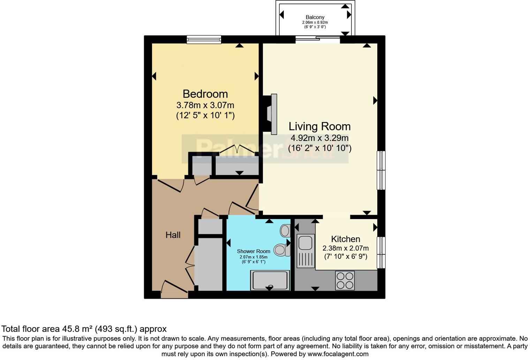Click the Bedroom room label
pos(205,94)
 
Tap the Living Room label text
pos(319,126)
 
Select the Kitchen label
pos(345,239)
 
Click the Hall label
pos(173,235)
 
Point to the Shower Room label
pos(253,251)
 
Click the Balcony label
pos(315,17)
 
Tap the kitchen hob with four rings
pos(345,280)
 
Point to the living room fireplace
pos(271,114)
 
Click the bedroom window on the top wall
pos(204,39)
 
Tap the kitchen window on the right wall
pos(381,253)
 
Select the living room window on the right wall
pos(381,170)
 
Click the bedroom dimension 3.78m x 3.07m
pos(205,105)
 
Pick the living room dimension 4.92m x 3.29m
pos(319,138)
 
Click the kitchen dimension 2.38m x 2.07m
pos(345,248)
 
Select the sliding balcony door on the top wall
pos(318,39)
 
